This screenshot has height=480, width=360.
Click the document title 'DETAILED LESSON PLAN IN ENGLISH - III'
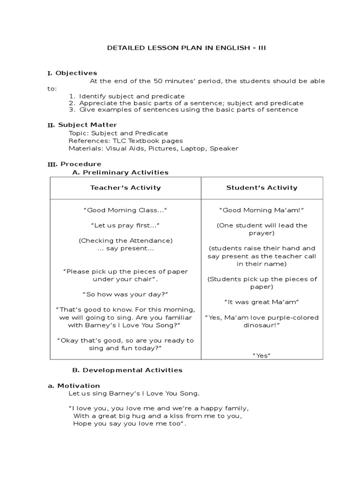pyautogui.click(x=187, y=48)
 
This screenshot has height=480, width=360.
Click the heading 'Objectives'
pyautogui.click(x=76, y=73)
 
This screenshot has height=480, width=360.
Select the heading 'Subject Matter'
pyautogui.click(x=88, y=125)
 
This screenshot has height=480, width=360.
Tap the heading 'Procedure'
pyautogui.click(x=81, y=164)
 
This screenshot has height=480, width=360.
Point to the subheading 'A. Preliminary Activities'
pyautogui.click(x=120, y=172)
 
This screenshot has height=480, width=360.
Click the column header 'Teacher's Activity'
pyautogui.click(x=125, y=188)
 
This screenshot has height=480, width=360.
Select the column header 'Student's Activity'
pyautogui.click(x=262, y=188)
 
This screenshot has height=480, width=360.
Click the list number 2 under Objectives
pyautogui.click(x=72, y=103)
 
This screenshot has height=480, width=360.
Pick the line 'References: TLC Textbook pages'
pyautogui.click(x=126, y=141)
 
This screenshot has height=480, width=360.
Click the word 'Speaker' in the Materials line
pyautogui.click(x=224, y=149)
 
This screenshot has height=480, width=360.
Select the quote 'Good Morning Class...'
pyautogui.click(x=125, y=210)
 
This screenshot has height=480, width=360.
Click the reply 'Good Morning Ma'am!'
pyautogui.click(x=262, y=210)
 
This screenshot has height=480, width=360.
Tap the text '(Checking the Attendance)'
pyautogui.click(x=125, y=241)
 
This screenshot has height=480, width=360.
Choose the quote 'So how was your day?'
pyautogui.click(x=125, y=294)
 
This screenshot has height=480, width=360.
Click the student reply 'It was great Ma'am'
pyautogui.click(x=262, y=302)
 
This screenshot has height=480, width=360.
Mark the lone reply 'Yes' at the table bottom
pyautogui.click(x=262, y=356)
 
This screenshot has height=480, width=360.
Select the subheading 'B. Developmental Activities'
pyautogui.click(x=127, y=370)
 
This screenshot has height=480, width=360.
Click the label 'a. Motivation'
pyautogui.click(x=74, y=386)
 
